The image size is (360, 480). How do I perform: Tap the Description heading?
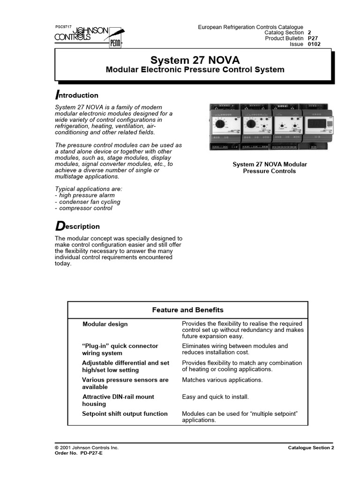coord(77,226)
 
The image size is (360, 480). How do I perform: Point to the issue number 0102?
coord(314,44)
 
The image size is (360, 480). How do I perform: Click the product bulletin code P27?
coord(312,38)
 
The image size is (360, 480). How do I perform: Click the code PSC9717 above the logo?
coord(64,27)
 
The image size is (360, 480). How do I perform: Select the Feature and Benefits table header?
coord(187,310)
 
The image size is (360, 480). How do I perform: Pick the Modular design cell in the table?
coord(105,324)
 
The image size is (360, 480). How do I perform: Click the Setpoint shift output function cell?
coord(125,413)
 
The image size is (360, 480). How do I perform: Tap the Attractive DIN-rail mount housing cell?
coord(118,400)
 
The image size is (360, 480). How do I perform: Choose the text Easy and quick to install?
coord(215,397)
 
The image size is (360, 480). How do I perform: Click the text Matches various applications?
coord(222,380)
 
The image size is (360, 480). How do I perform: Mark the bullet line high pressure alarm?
coord(85,195)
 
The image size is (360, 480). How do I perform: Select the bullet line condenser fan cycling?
coord(88,202)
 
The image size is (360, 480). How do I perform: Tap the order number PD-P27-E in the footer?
coord(78,453)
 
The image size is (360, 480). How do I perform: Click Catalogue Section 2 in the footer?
coord(311,448)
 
